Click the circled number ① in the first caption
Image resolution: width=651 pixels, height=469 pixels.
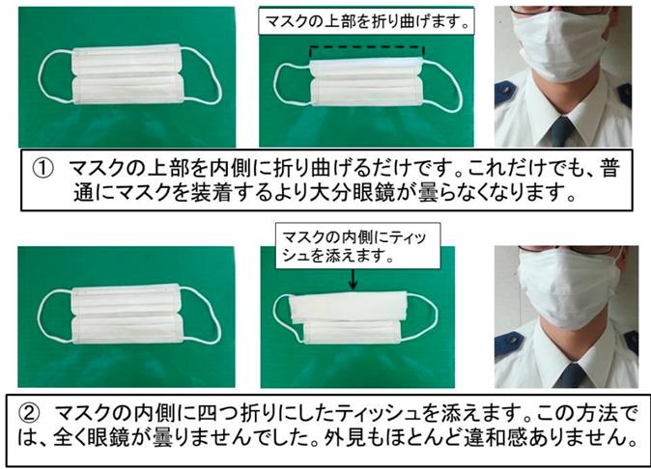[x=43, y=168]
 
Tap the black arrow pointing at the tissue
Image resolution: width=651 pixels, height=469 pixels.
[x=353, y=279]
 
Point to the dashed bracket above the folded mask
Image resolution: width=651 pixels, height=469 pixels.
[x=367, y=47]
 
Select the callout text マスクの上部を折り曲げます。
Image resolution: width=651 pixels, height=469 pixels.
[x=367, y=20]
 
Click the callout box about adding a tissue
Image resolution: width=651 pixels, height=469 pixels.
[x=358, y=246]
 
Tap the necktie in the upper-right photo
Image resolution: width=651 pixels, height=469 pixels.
[x=561, y=131]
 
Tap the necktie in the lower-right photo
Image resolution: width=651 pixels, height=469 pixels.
[x=571, y=376]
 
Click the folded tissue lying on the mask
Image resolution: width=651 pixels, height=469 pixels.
[x=348, y=307]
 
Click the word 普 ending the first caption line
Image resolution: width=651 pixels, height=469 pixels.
[x=609, y=168]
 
